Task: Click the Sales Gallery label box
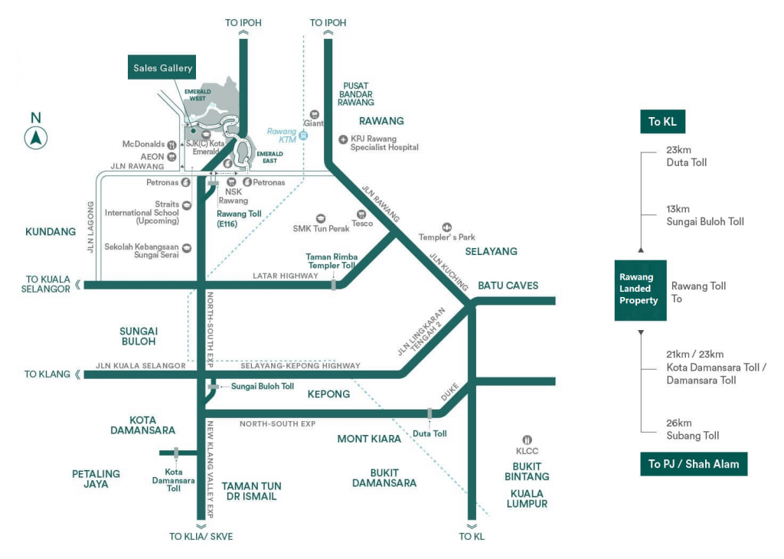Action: (162, 68)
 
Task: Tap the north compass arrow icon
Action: (36, 139)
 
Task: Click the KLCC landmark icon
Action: (527, 440)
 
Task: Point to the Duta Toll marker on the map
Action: (430, 414)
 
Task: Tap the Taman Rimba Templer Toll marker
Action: (333, 285)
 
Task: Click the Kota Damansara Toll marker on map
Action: (176, 453)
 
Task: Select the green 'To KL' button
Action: (663, 122)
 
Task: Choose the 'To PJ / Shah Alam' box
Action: (694, 464)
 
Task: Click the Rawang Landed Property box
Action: (640, 289)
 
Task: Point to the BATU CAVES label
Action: (508, 286)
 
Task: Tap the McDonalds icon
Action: (172, 144)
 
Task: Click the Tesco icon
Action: (360, 214)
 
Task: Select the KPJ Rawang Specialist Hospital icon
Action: (343, 139)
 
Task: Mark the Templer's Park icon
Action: (446, 227)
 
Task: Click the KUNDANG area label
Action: (51, 231)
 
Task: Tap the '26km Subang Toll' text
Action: (693, 430)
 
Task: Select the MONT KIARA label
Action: (369, 439)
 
